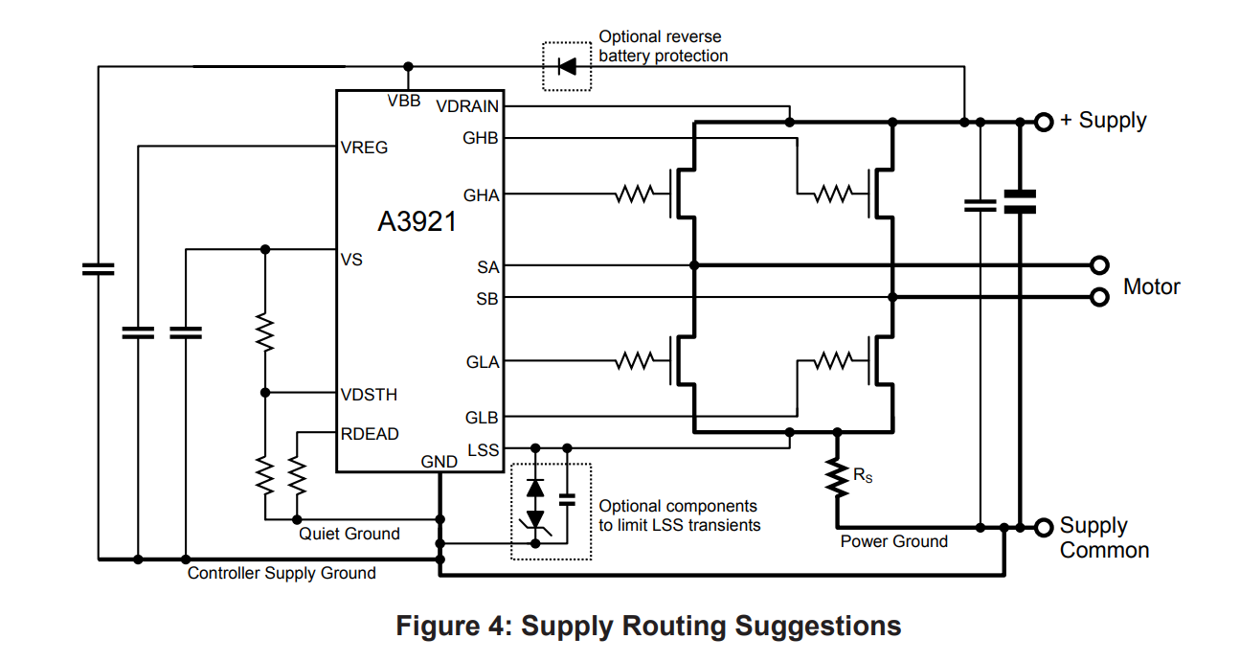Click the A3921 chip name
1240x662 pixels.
(x=417, y=222)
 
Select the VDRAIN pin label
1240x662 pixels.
(x=467, y=106)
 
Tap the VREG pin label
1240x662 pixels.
(x=365, y=148)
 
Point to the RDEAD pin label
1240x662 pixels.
(x=370, y=434)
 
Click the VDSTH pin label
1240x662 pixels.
(x=369, y=395)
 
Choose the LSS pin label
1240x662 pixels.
(x=484, y=449)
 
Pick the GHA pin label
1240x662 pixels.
(x=482, y=195)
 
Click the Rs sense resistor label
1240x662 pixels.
(x=863, y=474)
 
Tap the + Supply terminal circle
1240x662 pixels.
(x=1044, y=122)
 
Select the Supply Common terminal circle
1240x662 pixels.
(x=1044, y=527)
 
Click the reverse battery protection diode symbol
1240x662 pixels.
(x=567, y=66)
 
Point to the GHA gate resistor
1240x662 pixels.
(x=634, y=194)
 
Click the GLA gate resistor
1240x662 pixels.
(x=634, y=361)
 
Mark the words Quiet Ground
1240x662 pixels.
(x=349, y=534)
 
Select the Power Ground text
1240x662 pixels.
(x=893, y=541)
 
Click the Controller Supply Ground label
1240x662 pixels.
(x=282, y=573)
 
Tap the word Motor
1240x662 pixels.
(x=1151, y=286)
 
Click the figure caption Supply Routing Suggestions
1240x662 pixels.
(x=648, y=626)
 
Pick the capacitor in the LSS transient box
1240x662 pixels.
(x=567, y=499)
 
